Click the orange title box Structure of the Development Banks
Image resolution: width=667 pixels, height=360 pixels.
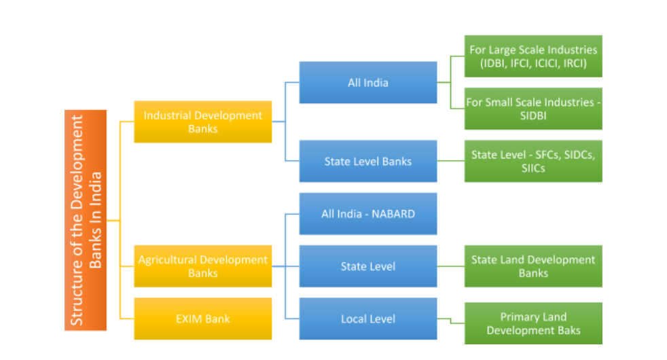point(86,219)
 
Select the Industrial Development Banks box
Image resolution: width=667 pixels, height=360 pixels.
point(202,122)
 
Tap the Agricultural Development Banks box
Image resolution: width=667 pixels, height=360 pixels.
point(202,266)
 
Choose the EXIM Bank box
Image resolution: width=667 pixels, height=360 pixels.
point(202,319)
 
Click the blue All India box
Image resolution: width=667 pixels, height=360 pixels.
point(367,82)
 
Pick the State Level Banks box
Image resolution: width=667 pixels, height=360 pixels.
point(367,161)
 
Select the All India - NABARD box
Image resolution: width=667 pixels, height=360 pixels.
point(367,214)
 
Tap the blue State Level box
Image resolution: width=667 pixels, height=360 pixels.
point(367,266)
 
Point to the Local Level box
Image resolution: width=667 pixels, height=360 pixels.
point(367,319)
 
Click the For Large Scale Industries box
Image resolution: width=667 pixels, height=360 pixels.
point(533,56)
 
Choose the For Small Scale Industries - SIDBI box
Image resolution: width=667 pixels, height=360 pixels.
point(533,109)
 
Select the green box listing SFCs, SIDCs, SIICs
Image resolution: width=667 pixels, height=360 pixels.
point(533,161)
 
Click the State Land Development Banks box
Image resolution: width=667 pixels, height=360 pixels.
point(533,266)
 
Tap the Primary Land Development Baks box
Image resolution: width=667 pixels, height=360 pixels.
point(533,323)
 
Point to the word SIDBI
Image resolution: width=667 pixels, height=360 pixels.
point(533,115)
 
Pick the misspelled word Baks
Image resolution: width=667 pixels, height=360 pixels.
point(569,331)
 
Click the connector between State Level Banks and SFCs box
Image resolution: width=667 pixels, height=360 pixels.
point(450,161)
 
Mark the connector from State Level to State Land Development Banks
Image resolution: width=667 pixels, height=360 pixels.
point(450,266)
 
